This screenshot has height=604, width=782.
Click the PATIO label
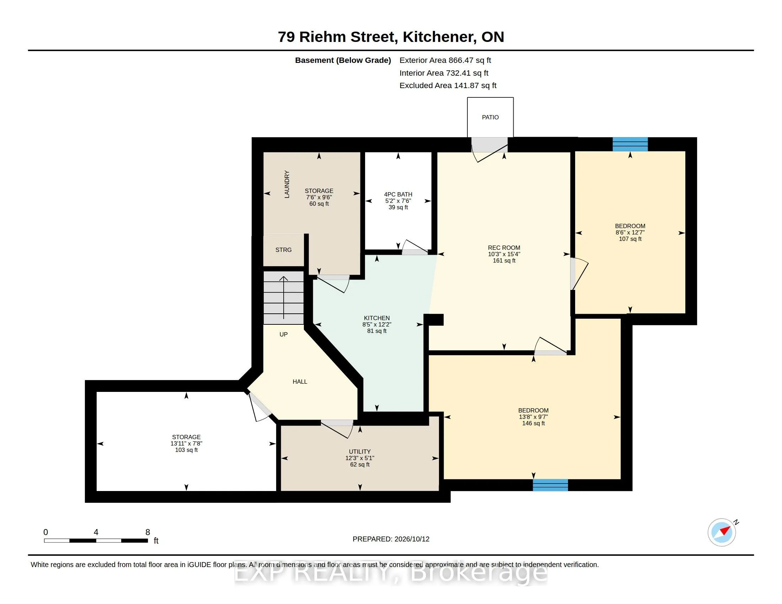click(490, 117)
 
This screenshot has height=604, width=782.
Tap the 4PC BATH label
click(398, 195)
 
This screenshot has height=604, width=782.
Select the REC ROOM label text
click(504, 248)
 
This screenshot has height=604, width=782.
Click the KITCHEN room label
click(377, 318)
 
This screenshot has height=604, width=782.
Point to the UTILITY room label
click(360, 452)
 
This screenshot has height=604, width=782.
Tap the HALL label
click(300, 382)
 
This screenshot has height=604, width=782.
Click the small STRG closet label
click(284, 250)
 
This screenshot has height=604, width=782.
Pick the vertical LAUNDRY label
click(287, 184)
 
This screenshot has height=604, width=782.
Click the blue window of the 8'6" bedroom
click(630, 144)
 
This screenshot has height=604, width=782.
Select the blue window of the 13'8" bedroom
click(550, 485)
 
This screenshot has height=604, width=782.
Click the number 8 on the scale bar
click(148, 532)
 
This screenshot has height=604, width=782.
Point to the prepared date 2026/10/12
click(412, 539)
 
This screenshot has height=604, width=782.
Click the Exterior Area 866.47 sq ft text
click(445, 60)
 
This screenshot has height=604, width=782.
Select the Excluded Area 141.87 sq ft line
click(448, 86)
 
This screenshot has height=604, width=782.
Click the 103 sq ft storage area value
click(186, 450)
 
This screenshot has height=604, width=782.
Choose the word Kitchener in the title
click(440, 37)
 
